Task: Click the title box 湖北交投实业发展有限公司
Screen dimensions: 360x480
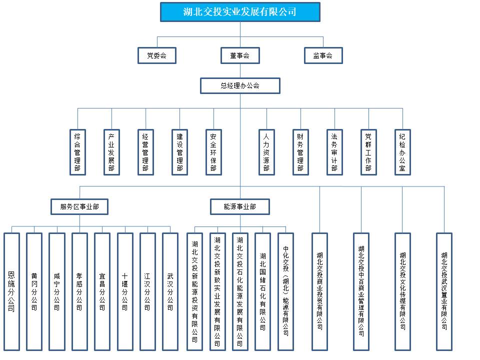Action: point(240,12)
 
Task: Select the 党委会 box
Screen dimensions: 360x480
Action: point(157,55)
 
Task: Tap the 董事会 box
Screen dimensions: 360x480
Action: point(240,55)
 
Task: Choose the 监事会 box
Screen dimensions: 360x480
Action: point(323,55)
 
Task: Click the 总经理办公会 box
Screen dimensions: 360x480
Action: point(240,85)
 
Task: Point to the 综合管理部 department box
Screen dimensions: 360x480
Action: point(77,152)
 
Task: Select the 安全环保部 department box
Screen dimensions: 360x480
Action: point(213,152)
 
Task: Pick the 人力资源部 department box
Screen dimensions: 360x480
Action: point(266,152)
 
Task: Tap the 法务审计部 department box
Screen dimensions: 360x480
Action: point(334,152)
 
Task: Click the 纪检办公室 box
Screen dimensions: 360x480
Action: point(402,152)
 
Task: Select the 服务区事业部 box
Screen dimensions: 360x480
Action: point(79,206)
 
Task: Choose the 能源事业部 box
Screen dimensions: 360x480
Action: point(240,206)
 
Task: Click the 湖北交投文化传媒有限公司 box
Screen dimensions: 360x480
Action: point(402,291)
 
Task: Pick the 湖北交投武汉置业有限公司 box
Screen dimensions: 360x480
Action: point(444,291)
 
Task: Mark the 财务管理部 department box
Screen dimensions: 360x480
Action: point(300,152)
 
